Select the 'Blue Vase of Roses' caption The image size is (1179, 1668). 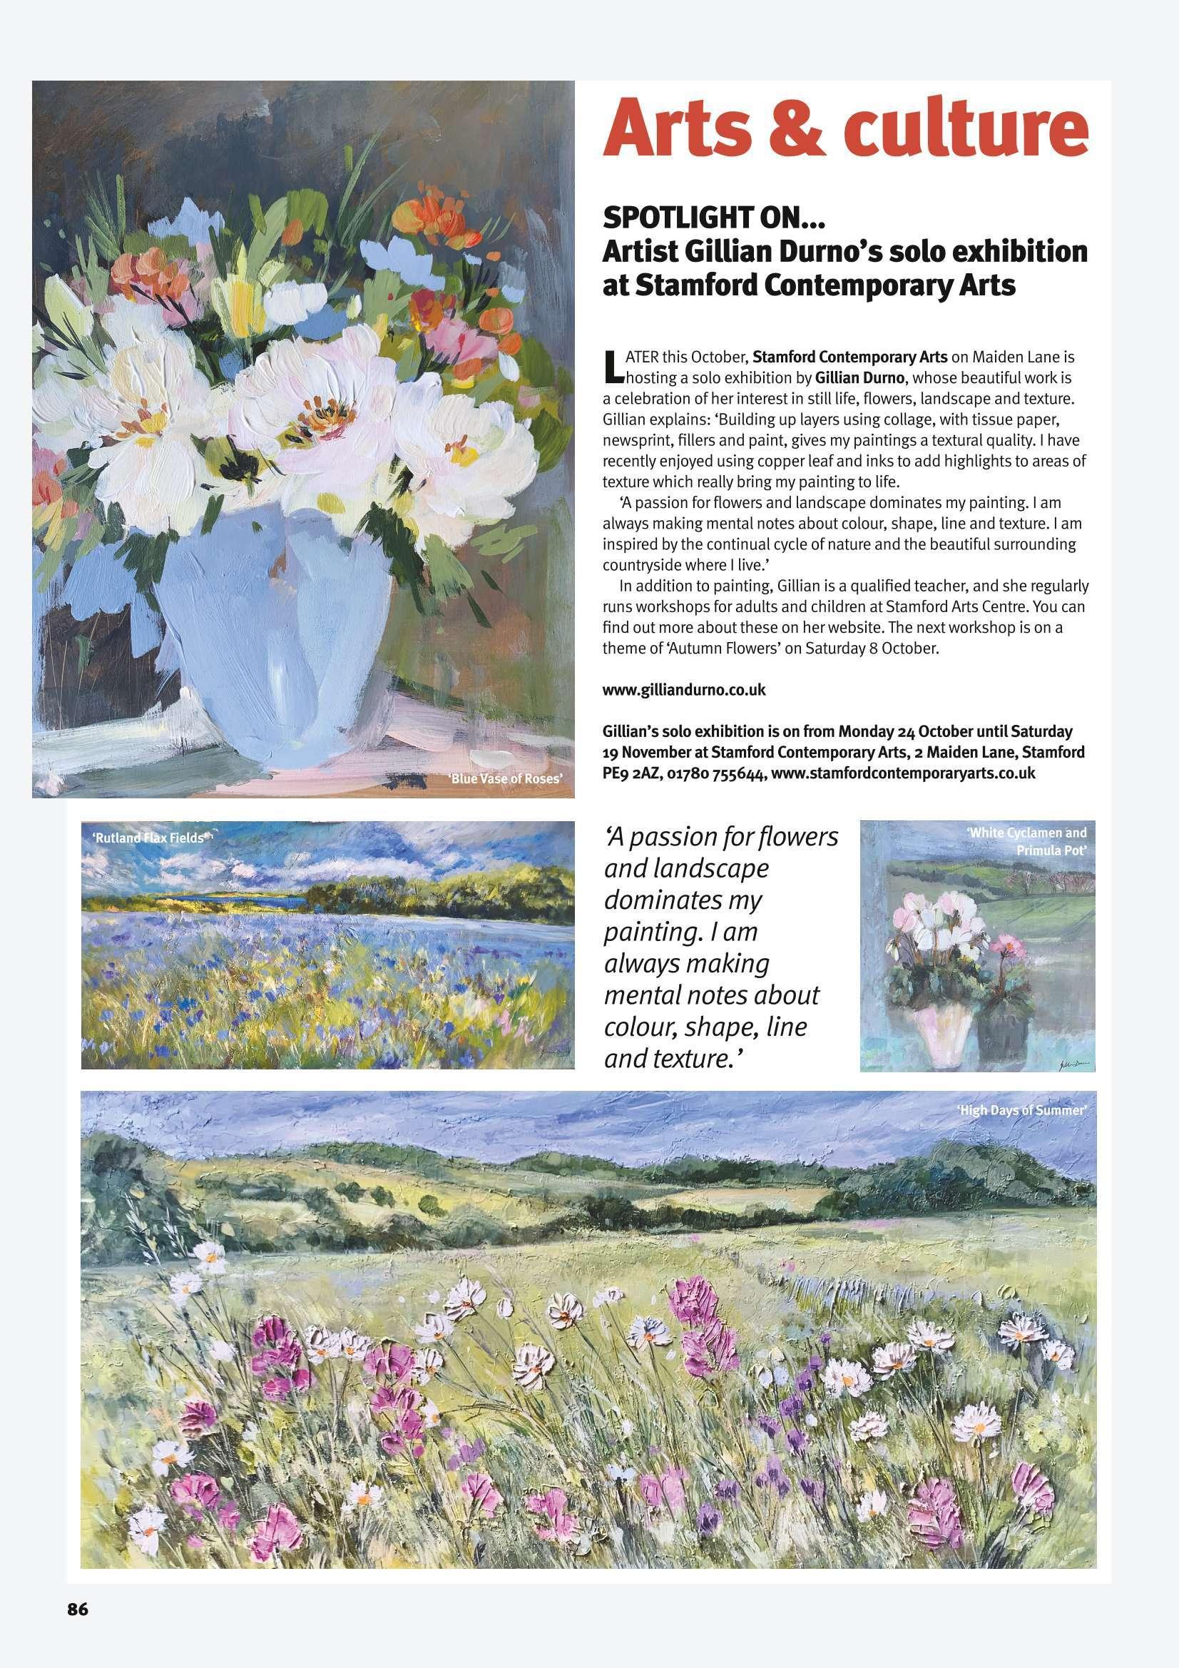point(506,780)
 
